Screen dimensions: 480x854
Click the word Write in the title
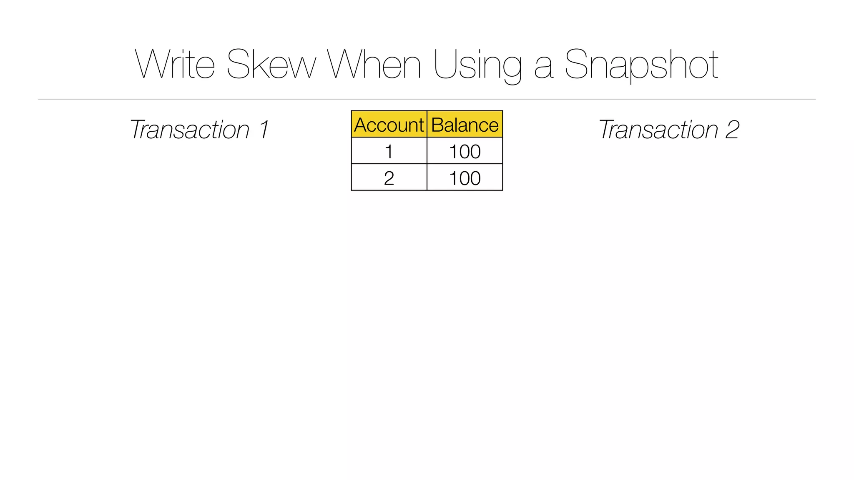175,65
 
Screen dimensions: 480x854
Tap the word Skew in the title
271,65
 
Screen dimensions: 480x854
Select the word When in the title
374,65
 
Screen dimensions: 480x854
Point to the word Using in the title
477,66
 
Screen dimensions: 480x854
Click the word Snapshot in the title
641,66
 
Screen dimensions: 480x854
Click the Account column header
389,125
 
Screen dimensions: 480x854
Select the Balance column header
465,125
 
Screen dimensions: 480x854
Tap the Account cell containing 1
389,151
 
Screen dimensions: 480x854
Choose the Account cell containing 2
389,178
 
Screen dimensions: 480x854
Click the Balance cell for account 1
465,151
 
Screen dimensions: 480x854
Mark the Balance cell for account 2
465,178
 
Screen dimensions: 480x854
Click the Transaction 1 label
199,130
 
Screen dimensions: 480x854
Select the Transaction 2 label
669,130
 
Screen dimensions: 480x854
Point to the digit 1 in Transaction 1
264,130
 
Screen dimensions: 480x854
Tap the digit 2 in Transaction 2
732,130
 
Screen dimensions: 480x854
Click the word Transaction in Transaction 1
190,130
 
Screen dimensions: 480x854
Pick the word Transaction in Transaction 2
659,130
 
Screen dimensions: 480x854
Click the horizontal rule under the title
427,100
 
